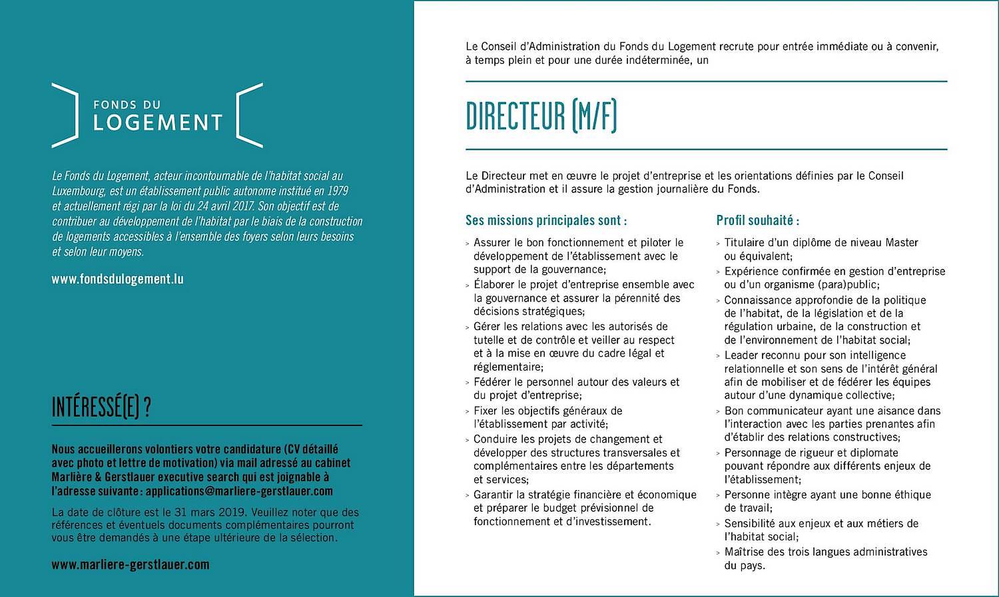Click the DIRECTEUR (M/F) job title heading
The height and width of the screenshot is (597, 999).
pos(541,116)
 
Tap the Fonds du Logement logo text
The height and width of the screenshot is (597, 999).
pos(157,116)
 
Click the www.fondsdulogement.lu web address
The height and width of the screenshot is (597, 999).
pos(117,279)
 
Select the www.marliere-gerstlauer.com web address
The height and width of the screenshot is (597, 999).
pos(131,564)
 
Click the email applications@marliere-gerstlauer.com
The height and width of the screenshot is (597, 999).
pos(239,491)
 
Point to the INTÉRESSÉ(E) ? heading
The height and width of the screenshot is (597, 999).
pos(101,407)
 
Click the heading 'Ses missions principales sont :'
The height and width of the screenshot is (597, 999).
pos(546,220)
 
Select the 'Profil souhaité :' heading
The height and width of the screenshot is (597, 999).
pos(757,220)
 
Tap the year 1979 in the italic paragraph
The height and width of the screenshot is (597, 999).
pos(337,191)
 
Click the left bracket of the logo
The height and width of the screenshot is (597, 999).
pos(65,115)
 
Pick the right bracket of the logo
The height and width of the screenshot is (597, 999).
pos(250,115)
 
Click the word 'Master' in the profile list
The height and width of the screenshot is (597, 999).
pos(902,243)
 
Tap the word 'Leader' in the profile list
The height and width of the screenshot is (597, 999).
pos(741,355)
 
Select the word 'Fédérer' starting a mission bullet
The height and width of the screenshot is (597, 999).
pos(492,382)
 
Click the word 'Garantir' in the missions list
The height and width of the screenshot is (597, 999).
pos(494,495)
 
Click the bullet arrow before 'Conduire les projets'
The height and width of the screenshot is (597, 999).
pos(468,440)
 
